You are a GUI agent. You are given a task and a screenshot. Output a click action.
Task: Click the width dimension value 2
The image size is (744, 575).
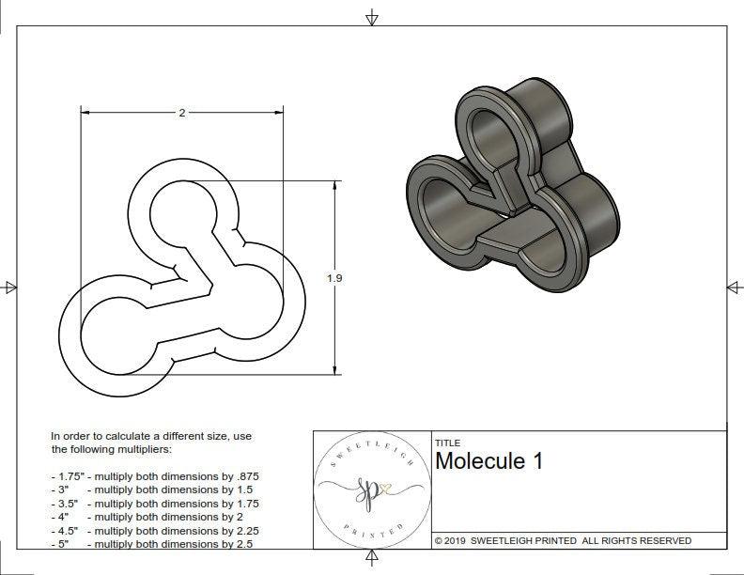(181, 113)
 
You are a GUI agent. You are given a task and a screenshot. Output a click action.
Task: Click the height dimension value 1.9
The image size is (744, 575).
(334, 278)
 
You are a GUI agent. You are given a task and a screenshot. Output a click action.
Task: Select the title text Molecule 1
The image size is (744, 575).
(488, 461)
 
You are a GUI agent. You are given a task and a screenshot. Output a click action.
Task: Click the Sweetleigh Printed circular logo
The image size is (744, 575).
(370, 489)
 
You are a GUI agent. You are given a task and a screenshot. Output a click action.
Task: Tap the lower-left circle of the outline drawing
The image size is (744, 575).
(118, 334)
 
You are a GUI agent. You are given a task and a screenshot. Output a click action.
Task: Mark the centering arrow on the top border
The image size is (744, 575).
(373, 17)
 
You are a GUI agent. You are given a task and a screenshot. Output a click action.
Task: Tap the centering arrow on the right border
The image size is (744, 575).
(733, 287)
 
